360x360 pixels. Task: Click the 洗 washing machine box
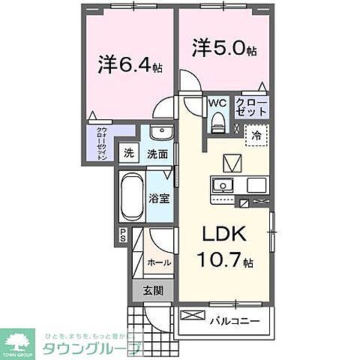click(x=129, y=154)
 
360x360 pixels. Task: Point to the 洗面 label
click(x=156, y=154)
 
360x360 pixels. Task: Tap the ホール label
click(x=157, y=263)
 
